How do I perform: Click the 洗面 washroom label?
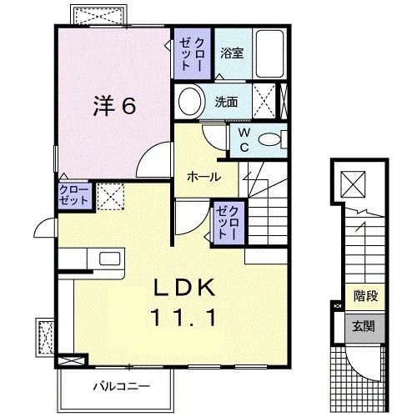click(x=227, y=103)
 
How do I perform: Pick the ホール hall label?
click(x=203, y=177)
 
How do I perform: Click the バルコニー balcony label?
click(x=116, y=386)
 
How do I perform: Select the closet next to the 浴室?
click(x=193, y=53)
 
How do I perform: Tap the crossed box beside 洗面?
click(x=267, y=103)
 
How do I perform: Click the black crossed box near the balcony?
click(x=73, y=360)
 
